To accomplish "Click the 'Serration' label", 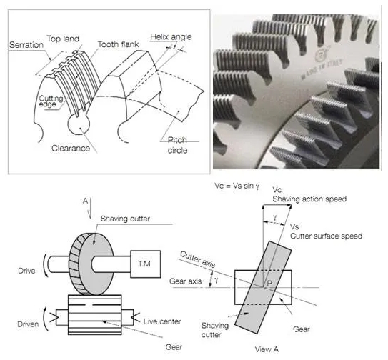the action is click(26, 45).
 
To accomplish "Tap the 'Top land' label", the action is click(63, 39).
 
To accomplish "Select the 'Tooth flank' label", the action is click(118, 44).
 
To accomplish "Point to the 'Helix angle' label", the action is click(171, 37).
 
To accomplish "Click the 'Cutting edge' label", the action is click(51, 101).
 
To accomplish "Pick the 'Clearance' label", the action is click(71, 148).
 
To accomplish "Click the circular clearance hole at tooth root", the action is click(79, 124).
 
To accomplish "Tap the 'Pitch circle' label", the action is click(177, 145).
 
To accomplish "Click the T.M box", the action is click(146, 264).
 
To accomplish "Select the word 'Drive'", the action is click(26, 271).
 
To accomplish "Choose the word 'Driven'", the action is click(28, 324).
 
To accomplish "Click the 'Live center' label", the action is click(162, 321).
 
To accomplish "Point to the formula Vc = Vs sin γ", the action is click(237, 186).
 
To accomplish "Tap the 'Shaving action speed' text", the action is click(309, 199).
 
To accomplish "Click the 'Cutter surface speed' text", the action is click(326, 236).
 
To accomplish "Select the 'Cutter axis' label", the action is click(198, 259).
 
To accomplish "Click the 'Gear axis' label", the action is click(185, 281).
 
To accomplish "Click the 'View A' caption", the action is click(267, 349).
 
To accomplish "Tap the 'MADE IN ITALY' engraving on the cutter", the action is click(322, 69).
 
